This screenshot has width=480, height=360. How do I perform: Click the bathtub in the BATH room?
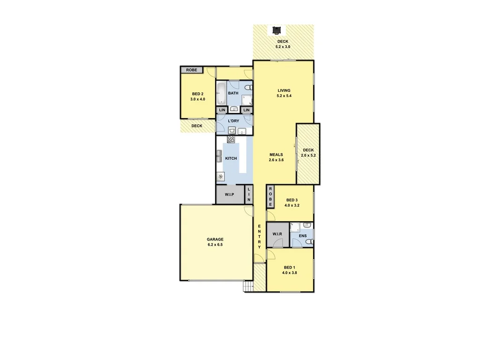tap(221, 94)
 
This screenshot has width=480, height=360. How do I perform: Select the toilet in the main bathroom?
tap(247, 87)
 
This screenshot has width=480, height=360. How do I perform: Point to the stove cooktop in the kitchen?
tap(231, 139)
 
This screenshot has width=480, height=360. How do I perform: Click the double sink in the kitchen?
tap(219, 156)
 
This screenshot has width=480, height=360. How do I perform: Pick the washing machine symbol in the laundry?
tap(232, 131)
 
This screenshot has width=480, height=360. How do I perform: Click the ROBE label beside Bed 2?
tap(191, 70)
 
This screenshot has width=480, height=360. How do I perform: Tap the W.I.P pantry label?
tap(229, 195)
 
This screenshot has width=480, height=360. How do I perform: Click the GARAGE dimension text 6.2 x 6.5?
tap(215, 245)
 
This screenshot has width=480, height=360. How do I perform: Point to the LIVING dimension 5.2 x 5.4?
tap(284, 96)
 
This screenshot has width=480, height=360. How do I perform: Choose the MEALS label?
tap(276, 155)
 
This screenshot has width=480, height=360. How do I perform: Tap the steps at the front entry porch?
tap(247, 286)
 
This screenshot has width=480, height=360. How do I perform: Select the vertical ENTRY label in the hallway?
tap(259, 237)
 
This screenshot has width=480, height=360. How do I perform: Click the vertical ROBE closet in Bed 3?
tap(270, 196)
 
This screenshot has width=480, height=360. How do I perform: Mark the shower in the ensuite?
tap(295, 227)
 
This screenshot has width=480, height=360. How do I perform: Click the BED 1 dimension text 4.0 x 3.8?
tap(290, 273)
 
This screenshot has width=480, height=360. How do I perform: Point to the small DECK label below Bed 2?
tap(196, 126)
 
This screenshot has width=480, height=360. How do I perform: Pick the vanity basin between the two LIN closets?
tap(234, 109)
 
